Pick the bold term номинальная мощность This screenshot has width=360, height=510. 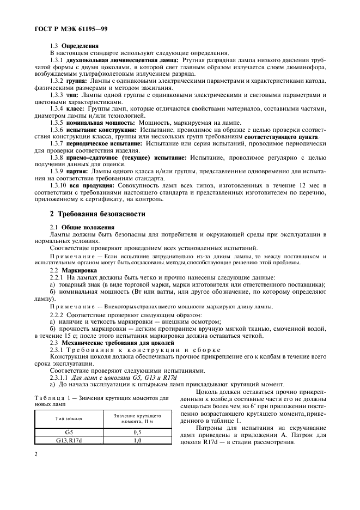[x=100, y=123]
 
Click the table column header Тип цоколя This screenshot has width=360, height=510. [x=69, y=418]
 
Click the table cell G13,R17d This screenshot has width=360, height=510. [x=69, y=440]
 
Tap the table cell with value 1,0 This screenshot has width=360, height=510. [x=137, y=440]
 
